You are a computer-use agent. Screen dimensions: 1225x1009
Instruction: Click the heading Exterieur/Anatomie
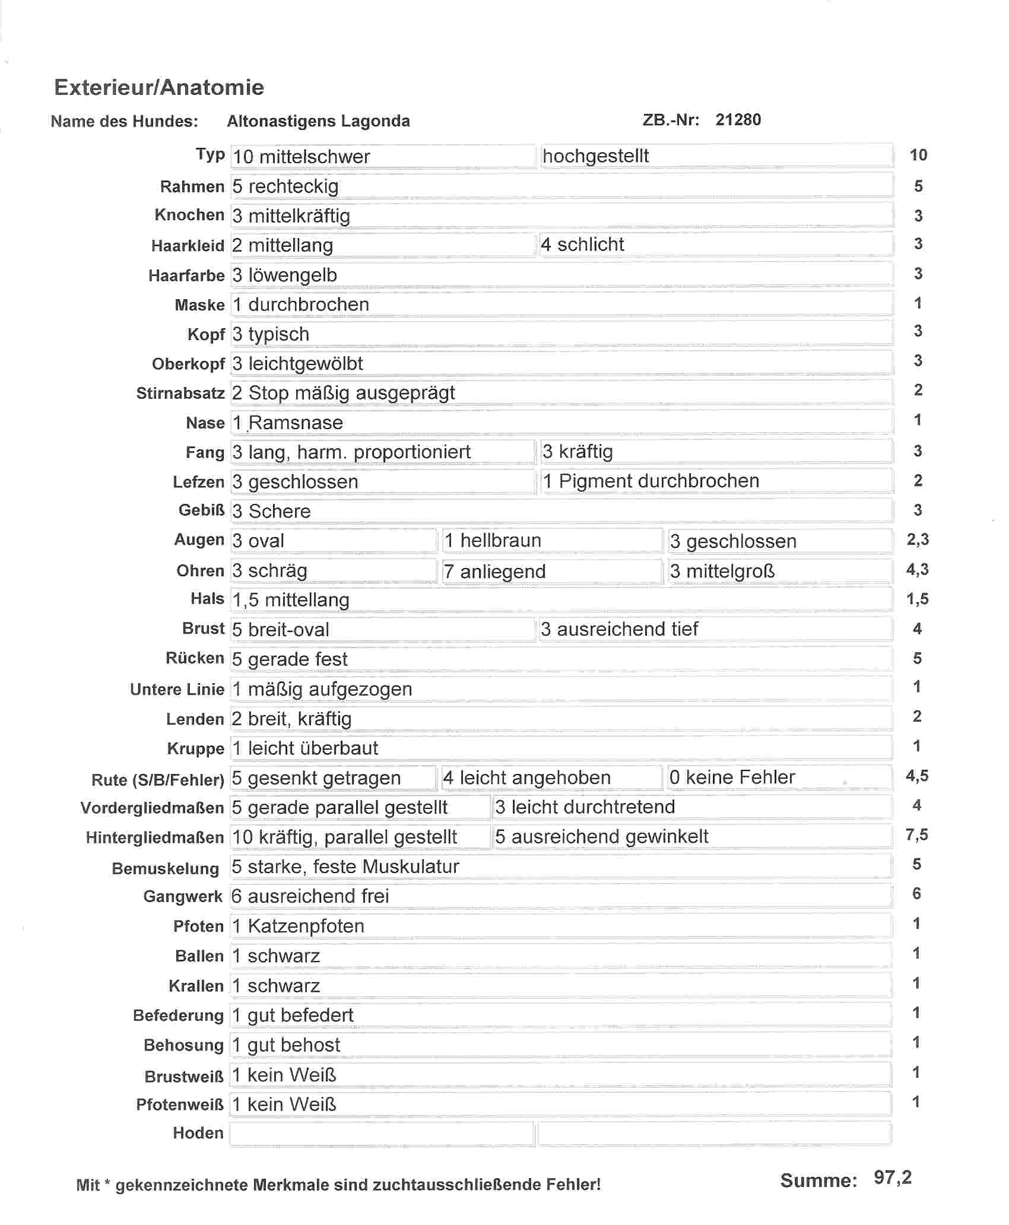click(x=159, y=87)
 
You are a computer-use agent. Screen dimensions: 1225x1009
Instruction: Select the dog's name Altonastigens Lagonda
click(x=318, y=121)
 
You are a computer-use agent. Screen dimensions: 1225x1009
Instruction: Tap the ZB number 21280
click(x=738, y=120)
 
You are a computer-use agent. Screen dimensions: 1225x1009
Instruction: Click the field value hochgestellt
click(x=595, y=156)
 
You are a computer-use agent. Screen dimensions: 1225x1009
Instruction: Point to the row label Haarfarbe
click(x=186, y=275)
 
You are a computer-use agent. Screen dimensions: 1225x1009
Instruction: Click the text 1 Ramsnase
click(x=288, y=423)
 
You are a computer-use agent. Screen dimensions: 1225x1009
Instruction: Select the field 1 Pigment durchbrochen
click(x=651, y=481)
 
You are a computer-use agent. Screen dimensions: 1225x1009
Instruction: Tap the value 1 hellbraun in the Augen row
click(x=493, y=541)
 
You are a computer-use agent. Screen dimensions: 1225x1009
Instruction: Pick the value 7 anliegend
click(x=494, y=571)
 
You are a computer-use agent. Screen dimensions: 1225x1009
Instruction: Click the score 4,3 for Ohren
click(x=917, y=570)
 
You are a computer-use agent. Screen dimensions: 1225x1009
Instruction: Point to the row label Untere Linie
click(x=177, y=689)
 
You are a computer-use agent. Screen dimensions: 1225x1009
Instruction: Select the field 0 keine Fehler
click(x=732, y=777)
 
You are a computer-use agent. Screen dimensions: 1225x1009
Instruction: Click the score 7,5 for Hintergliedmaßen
click(x=917, y=836)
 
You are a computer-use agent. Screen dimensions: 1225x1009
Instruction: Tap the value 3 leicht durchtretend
click(x=585, y=807)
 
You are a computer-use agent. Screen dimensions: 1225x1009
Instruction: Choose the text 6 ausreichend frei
click(x=310, y=896)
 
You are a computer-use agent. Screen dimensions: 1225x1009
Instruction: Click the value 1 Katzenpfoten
click(x=298, y=926)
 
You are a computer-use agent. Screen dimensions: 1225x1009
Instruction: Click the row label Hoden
click(x=198, y=1133)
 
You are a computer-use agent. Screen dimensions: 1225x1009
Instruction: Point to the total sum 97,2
click(x=893, y=1178)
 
